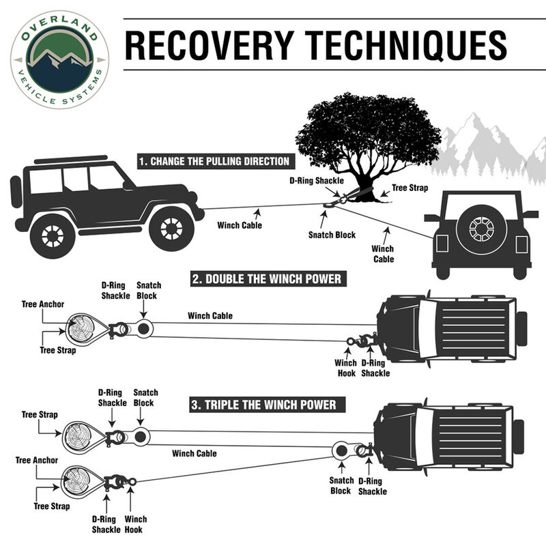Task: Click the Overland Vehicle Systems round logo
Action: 60,59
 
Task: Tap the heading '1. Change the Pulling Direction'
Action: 214,162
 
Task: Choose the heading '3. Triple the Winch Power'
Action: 263,405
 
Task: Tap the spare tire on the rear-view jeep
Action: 482,229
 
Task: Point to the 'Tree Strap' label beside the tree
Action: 409,187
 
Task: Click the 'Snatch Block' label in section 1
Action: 331,235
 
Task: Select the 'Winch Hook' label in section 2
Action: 345,368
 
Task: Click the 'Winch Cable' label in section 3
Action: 195,453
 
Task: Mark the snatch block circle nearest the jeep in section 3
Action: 339,450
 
